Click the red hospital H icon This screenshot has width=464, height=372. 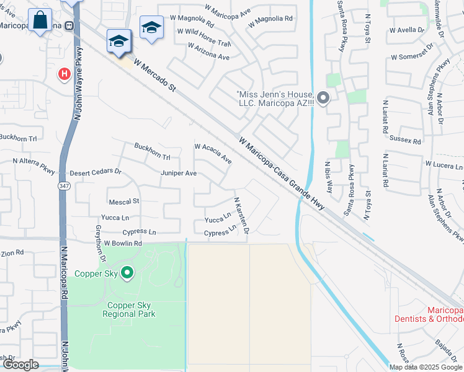(64, 75)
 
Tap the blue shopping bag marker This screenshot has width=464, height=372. (40, 20)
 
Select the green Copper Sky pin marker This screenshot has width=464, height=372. (127, 272)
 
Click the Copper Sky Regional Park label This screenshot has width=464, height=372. (131, 309)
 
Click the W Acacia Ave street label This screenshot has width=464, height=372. (213, 154)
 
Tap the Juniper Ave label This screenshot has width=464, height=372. (179, 174)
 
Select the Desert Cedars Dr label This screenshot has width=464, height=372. (96, 172)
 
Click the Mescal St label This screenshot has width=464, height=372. (124, 201)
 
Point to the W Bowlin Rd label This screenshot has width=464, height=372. (123, 244)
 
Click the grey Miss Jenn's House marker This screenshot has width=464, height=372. (323, 97)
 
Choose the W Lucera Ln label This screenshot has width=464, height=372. (444, 166)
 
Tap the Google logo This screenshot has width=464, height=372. (20, 365)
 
